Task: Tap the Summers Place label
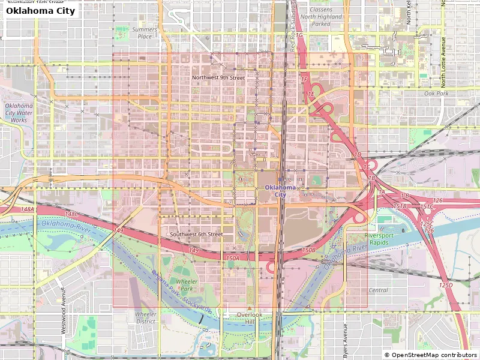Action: tap(145, 32)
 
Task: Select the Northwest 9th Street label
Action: tap(218, 77)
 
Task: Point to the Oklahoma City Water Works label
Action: tap(19, 113)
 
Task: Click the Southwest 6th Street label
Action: tap(196, 234)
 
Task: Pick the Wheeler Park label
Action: tap(187, 284)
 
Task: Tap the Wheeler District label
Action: tap(145, 317)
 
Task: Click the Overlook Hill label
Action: tap(250, 318)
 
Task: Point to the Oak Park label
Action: tap(436, 94)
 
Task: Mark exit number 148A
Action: tap(28, 209)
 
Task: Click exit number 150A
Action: tap(233, 258)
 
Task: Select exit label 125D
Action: tap(446, 285)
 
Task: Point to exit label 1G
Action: tap(300, 35)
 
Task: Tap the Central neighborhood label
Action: tap(378, 290)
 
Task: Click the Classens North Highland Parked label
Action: tap(329, 17)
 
